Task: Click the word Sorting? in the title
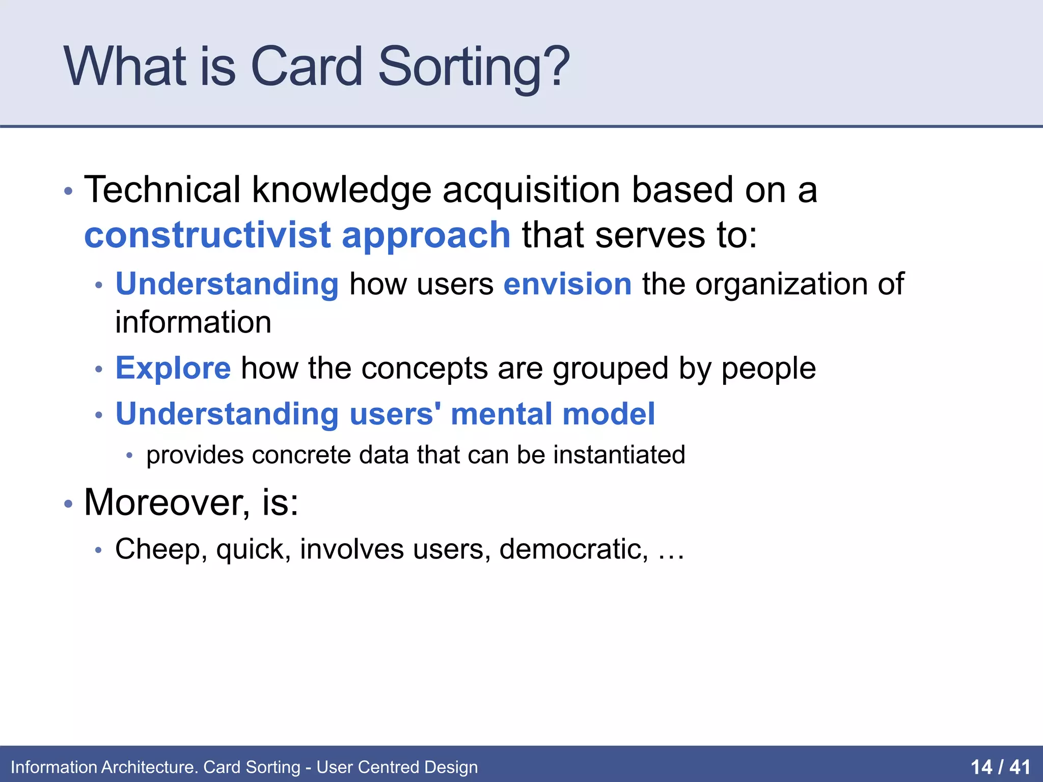click(x=474, y=68)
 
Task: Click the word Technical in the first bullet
click(x=162, y=189)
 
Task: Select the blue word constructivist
click(x=208, y=235)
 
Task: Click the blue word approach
click(x=426, y=236)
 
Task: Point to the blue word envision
click(x=567, y=284)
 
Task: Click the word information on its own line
click(x=193, y=322)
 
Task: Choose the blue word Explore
click(x=173, y=368)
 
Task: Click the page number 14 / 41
click(x=1000, y=767)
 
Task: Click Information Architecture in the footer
click(x=104, y=767)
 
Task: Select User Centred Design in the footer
click(x=397, y=767)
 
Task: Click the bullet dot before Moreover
click(x=68, y=504)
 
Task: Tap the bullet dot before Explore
click(x=99, y=369)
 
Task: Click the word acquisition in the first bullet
click(x=531, y=189)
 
